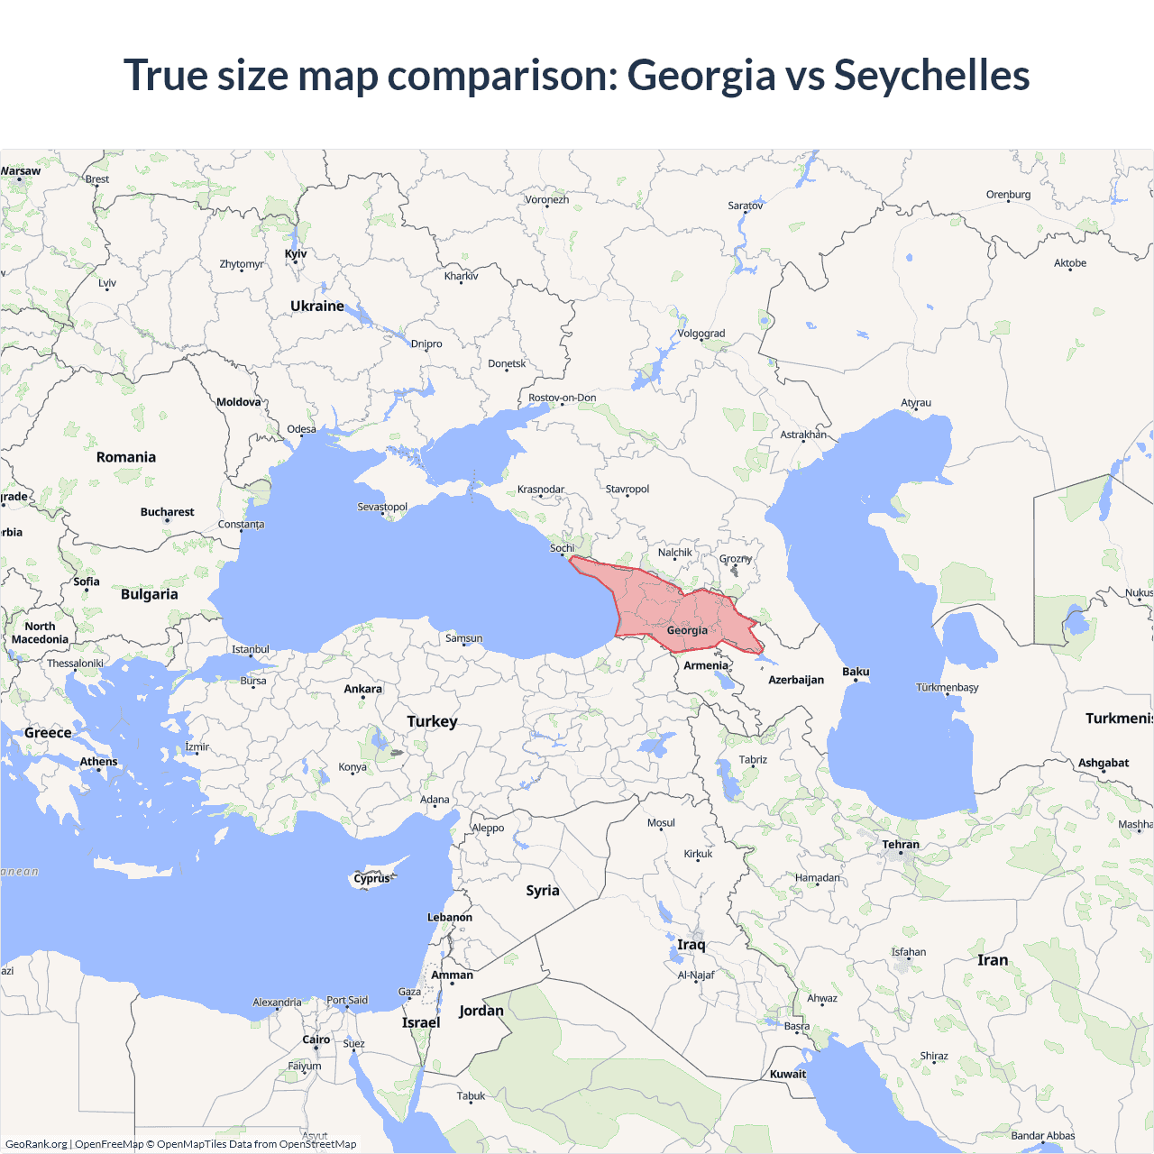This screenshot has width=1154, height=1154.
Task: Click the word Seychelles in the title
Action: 931,75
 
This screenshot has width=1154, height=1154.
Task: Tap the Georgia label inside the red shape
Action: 687,630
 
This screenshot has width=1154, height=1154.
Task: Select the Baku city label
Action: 856,672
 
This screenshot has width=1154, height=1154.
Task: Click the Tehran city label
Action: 901,845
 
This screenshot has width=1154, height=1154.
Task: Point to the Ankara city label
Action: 362,689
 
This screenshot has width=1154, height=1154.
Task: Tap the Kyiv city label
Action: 296,254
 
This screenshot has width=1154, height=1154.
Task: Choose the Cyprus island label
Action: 371,878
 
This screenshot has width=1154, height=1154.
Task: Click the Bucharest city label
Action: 167,512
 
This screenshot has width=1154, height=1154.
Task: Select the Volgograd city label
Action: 701,334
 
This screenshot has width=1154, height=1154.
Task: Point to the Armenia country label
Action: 705,665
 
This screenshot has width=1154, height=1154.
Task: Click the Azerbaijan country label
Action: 796,680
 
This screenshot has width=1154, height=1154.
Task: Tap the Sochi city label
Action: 562,548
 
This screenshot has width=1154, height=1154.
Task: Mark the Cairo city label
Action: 316,1040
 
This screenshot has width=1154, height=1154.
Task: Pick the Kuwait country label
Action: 788,1074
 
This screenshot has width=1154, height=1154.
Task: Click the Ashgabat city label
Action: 1104,763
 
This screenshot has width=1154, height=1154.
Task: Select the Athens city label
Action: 98,762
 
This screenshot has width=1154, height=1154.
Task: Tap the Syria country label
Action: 543,891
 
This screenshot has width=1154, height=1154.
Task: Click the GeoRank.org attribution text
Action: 36,1144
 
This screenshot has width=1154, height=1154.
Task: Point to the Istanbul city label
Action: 251,649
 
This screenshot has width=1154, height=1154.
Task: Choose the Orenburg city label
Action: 1008,195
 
